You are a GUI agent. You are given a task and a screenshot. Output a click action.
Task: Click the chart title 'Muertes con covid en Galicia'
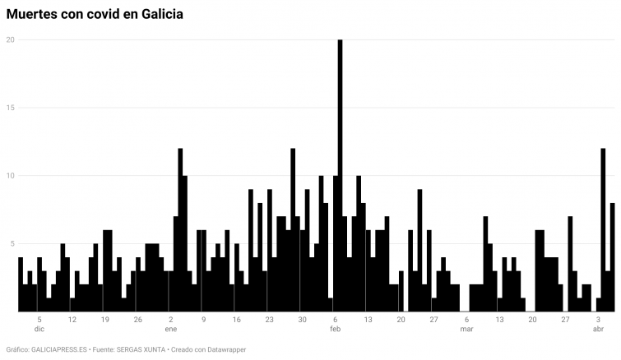pyautogui.click(x=95, y=14)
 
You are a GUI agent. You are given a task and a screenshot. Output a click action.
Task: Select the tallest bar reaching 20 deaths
pyautogui.click(x=340, y=176)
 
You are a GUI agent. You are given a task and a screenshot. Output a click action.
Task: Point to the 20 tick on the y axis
pyautogui.click(x=11, y=39)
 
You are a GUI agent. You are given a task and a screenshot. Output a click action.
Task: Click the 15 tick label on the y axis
pyautogui.click(x=11, y=108)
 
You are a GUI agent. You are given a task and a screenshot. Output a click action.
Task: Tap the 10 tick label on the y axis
pyautogui.click(x=11, y=176)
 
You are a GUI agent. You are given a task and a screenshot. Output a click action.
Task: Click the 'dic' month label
pyautogui.click(x=39, y=329)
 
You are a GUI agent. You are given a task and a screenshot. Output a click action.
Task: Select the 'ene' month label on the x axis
pyautogui.click(x=170, y=329)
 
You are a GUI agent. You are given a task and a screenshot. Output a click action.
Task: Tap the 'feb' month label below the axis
pyautogui.click(x=335, y=329)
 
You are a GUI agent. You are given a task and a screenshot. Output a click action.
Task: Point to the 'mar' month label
pyautogui.click(x=466, y=329)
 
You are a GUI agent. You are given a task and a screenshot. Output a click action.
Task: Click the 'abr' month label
pyautogui.click(x=598, y=329)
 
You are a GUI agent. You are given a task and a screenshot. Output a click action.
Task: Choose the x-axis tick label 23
pyautogui.click(x=269, y=319)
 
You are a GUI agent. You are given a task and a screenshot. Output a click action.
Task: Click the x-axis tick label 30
pyautogui.click(x=302, y=319)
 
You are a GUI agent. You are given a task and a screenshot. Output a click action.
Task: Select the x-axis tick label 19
pyautogui.click(x=105, y=319)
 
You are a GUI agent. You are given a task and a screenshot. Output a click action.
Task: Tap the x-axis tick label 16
pyautogui.click(x=236, y=319)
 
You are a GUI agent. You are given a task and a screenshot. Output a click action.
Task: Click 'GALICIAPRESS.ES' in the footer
pyautogui.click(x=58, y=349)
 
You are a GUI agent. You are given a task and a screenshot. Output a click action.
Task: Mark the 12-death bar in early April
pyautogui.click(x=603, y=230)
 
